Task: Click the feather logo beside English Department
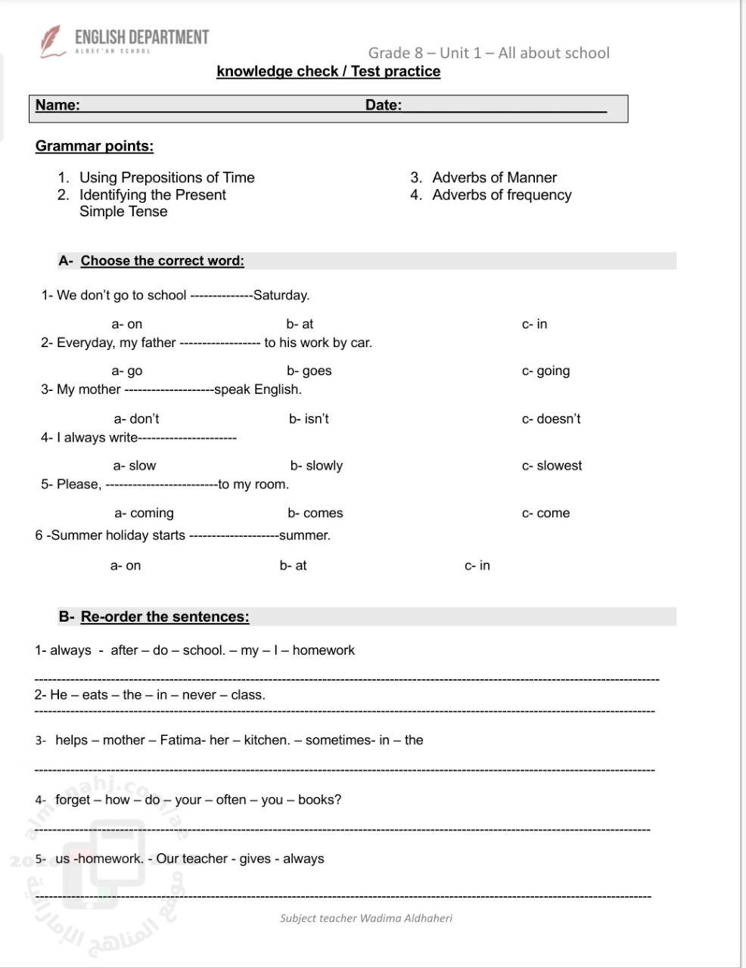click(x=51, y=41)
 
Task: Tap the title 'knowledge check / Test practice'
click(x=328, y=71)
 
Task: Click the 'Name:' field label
click(x=58, y=105)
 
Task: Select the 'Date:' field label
click(x=384, y=105)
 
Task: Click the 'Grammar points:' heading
click(x=95, y=146)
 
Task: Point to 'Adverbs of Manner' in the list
click(x=494, y=178)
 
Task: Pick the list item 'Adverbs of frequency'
click(x=502, y=195)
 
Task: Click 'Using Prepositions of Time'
click(x=166, y=178)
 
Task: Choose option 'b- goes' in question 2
click(x=309, y=371)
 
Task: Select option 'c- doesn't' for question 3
click(x=551, y=418)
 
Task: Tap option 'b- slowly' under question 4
click(x=316, y=466)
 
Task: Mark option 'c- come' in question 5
click(x=546, y=513)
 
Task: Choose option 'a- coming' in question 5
click(x=144, y=513)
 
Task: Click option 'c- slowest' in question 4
click(x=552, y=466)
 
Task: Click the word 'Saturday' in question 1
click(x=280, y=295)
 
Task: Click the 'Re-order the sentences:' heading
click(x=164, y=616)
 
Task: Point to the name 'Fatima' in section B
click(x=180, y=740)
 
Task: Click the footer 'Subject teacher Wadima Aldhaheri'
click(x=366, y=918)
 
